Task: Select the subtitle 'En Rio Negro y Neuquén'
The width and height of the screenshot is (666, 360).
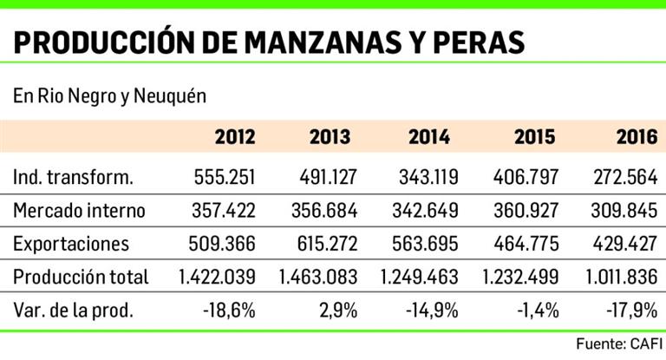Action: tap(109, 95)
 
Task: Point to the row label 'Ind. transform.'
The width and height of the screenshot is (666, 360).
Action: tap(74, 177)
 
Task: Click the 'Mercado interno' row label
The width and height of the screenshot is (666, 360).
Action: tap(79, 211)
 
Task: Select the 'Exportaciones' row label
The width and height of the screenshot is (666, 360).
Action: tap(72, 244)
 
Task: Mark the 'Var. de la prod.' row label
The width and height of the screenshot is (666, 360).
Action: tap(74, 310)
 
